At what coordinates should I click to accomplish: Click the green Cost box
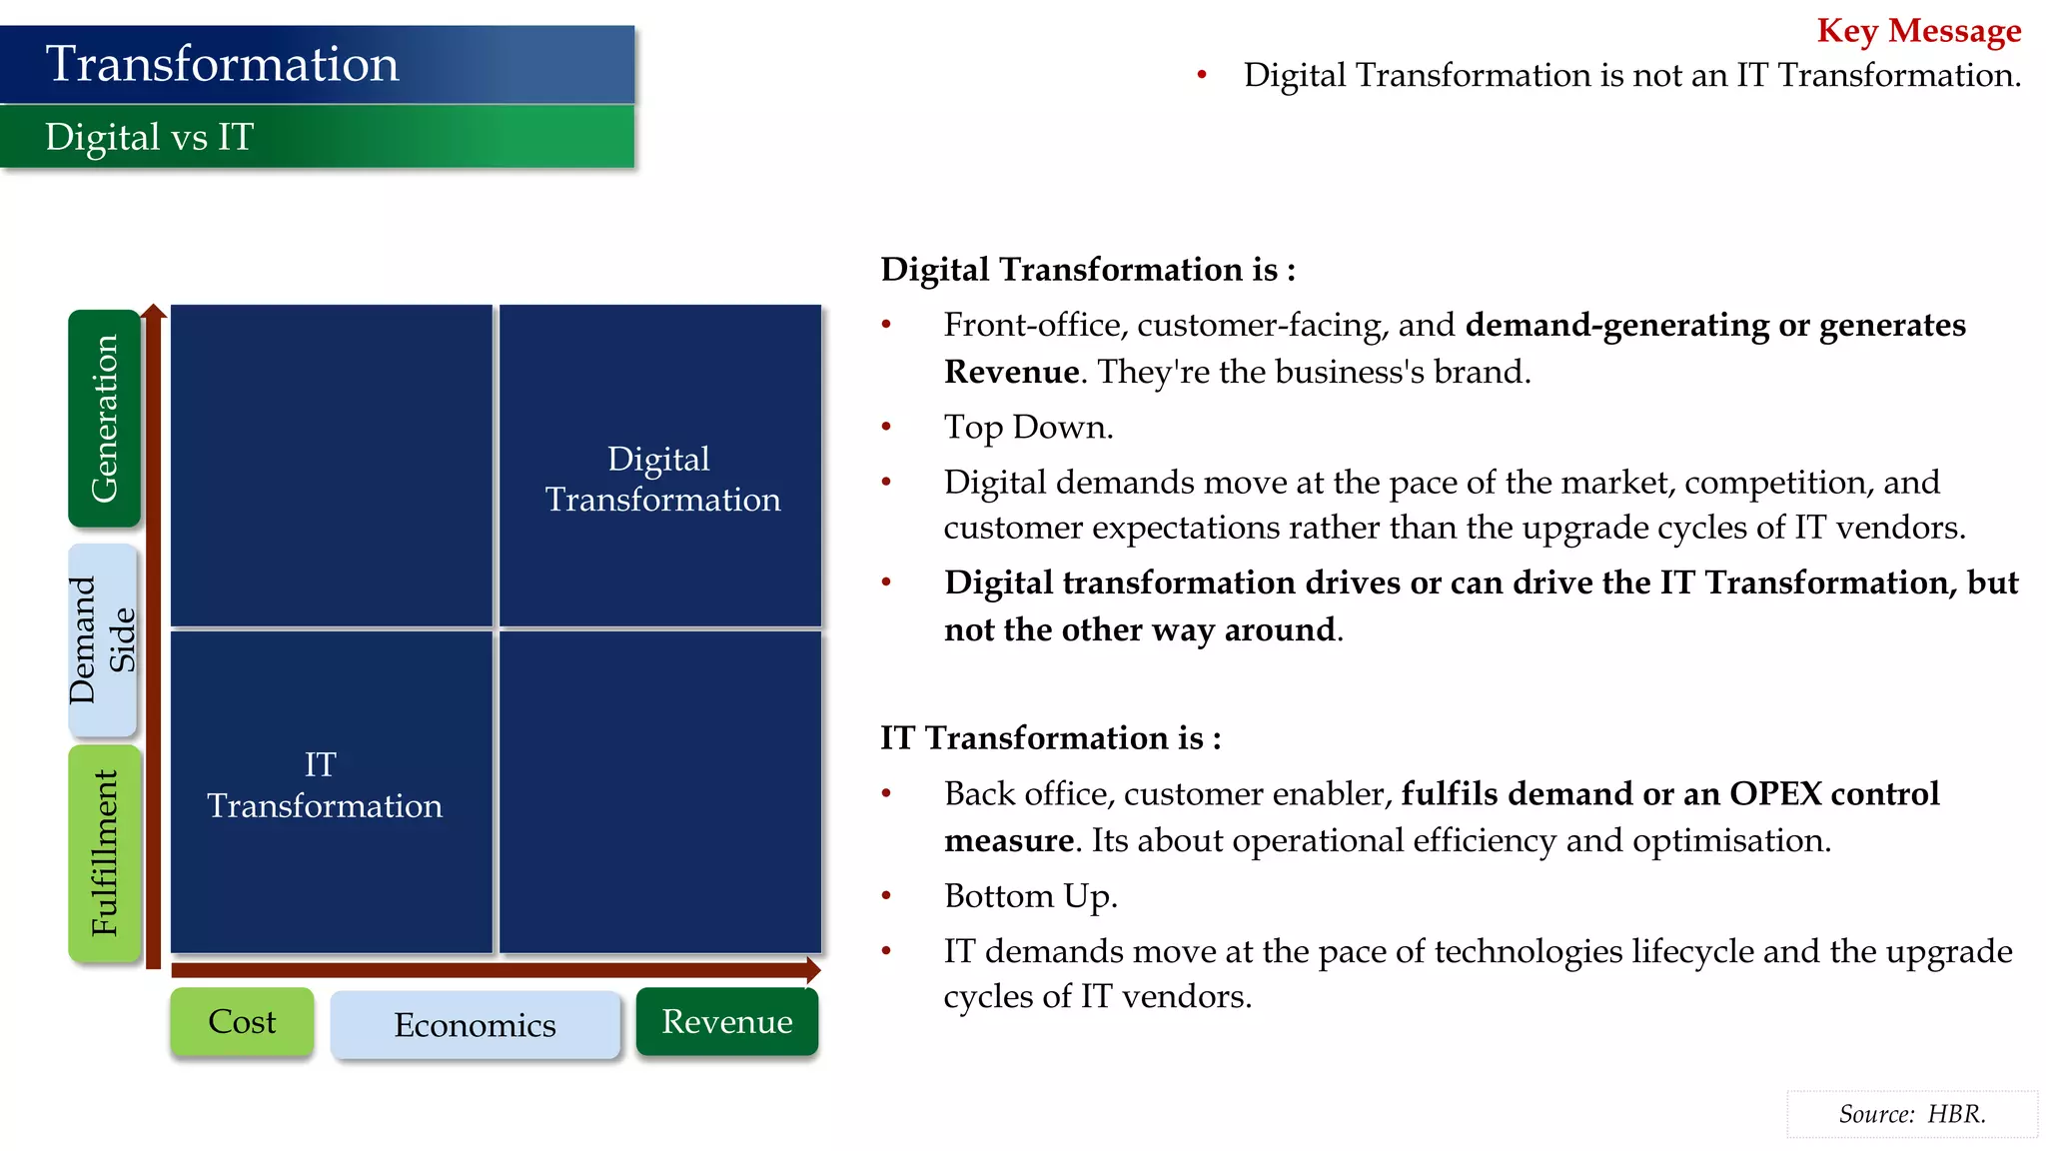242,1021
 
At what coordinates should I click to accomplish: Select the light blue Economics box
475,1025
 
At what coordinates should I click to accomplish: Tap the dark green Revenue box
726,1021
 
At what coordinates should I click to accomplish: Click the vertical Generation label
104,418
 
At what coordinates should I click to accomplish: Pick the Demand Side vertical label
102,639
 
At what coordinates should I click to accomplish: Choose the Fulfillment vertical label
104,852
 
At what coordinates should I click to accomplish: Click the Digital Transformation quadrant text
661,479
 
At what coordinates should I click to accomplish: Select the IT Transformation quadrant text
324,785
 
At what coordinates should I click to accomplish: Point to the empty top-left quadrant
331,465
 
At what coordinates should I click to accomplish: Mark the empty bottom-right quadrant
659,791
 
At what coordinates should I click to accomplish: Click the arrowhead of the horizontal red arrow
813,969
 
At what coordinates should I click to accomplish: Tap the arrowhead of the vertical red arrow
153,311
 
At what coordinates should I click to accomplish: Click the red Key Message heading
1918,30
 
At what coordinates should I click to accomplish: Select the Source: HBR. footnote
1911,1114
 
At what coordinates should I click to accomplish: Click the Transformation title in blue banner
222,64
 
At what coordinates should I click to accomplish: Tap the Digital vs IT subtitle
150,137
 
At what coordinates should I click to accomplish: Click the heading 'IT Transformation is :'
1050,737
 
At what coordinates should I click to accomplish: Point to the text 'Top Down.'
1028,427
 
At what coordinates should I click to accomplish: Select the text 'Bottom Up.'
1030,895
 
